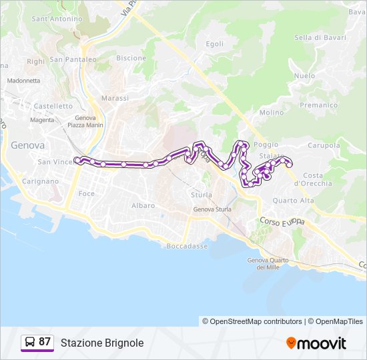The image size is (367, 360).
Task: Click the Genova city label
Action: point(27,145)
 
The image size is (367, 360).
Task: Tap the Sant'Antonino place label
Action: point(57,19)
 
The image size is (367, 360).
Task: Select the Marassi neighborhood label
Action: point(115,98)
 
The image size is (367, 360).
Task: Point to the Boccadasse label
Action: point(187,246)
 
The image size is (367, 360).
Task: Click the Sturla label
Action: point(201,195)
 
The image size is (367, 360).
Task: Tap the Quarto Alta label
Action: point(293,200)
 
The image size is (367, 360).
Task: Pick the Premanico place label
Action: point(319,105)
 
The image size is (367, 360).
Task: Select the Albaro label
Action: point(143,205)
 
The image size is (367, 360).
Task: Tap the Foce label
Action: point(87,193)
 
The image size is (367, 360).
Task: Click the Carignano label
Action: point(40,181)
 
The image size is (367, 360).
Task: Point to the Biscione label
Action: point(131,58)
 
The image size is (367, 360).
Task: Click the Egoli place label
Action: point(215,44)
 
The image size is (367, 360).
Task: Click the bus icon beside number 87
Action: point(30,343)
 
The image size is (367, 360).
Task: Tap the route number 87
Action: point(45,342)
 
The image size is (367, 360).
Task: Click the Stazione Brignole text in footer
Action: point(102,343)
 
